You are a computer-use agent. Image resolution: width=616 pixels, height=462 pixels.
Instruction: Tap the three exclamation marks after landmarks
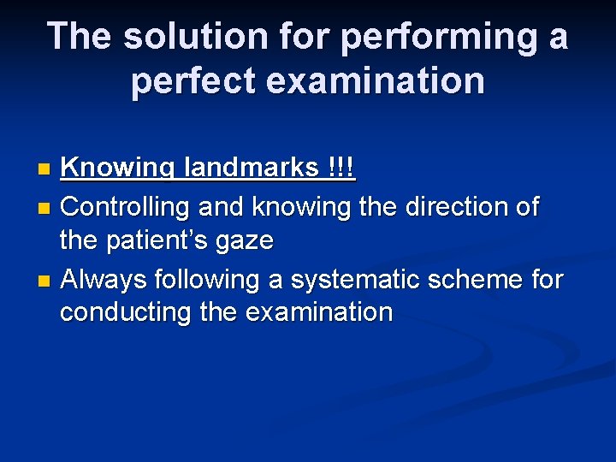[x=341, y=168]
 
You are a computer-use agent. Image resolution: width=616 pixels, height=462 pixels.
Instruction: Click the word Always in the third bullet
[x=104, y=280]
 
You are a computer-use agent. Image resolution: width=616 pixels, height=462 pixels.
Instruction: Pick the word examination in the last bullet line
[x=319, y=312]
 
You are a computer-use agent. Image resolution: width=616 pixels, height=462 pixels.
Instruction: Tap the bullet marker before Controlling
[x=47, y=207]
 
